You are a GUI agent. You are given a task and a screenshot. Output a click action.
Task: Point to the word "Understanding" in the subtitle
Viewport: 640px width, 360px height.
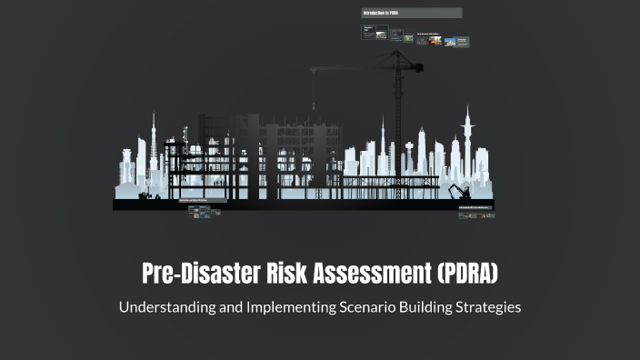[x=163, y=307]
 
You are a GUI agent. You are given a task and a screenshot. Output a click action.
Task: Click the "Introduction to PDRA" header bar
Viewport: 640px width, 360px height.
[x=411, y=13]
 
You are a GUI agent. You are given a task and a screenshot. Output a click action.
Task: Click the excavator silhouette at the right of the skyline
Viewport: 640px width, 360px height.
[x=457, y=192]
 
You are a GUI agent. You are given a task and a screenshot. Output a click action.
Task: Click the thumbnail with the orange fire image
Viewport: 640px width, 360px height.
[x=431, y=40]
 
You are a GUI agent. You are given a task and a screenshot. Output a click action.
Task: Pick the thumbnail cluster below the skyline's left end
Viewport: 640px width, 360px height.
[x=205, y=212]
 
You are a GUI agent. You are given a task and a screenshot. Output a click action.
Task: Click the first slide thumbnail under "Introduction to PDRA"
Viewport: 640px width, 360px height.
[x=369, y=33]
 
